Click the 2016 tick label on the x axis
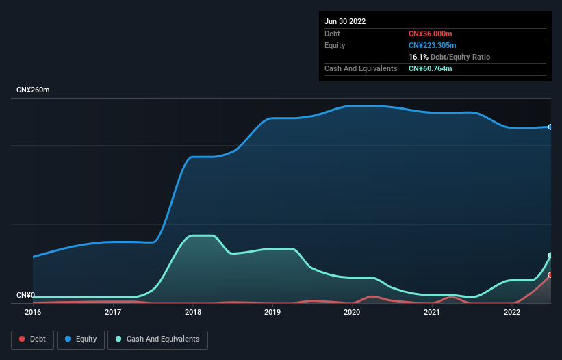(33, 312)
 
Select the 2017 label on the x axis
(113, 312)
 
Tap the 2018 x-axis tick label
(193, 312)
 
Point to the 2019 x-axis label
(272, 312)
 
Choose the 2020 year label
(352, 312)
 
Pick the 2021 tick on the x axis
(432, 312)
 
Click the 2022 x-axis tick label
(511, 312)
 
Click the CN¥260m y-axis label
(34, 90)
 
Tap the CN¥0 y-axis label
(25, 296)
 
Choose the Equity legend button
(81, 339)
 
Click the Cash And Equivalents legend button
(157, 339)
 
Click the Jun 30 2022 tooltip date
(345, 21)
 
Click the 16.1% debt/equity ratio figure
(418, 57)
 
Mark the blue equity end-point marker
(550, 127)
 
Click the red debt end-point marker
(550, 274)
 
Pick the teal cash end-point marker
(550, 255)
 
